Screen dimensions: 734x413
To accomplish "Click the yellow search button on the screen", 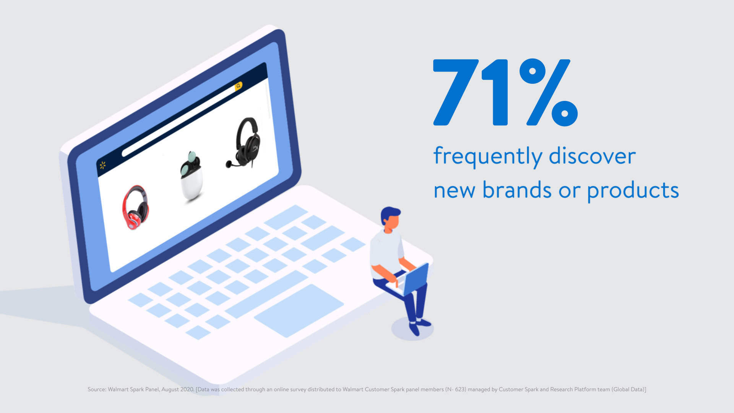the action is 239,86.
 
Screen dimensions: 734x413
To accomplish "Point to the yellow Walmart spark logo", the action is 102,165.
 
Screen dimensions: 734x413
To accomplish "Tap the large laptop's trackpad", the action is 299,311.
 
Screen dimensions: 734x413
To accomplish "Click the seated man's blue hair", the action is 389,214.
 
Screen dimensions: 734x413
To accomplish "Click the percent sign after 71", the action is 549,92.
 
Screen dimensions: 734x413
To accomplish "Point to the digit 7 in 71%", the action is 456,92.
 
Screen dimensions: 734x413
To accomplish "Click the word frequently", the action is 488,157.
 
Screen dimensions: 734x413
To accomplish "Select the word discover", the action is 592,156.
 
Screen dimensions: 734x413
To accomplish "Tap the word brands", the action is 517,190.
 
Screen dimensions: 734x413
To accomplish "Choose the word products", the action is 633,191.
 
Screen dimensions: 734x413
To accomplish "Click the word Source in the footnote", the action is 96,389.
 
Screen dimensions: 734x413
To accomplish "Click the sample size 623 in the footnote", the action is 460,389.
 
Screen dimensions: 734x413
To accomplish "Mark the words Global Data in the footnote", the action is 628,389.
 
